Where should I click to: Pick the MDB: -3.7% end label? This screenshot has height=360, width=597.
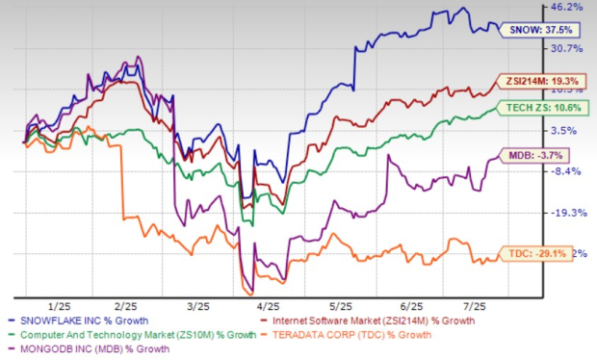(537, 155)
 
